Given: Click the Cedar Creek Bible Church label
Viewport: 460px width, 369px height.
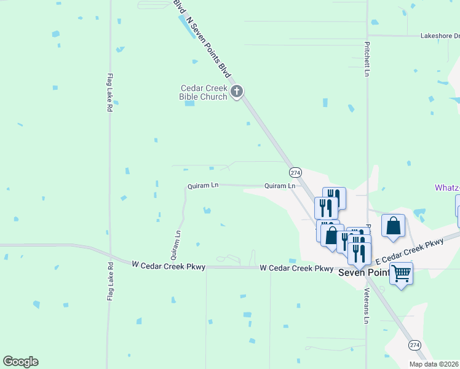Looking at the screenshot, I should pyautogui.click(x=203, y=92).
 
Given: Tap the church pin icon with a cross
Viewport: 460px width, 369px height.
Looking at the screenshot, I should pyautogui.click(x=237, y=93).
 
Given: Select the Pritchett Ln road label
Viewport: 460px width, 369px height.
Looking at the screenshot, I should pyautogui.click(x=367, y=60).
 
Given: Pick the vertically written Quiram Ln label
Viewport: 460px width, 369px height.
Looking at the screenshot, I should pyautogui.click(x=178, y=242).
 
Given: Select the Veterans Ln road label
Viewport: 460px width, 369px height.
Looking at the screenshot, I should pyautogui.click(x=367, y=306).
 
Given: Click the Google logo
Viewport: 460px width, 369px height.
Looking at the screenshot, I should pyautogui.click(x=20, y=362).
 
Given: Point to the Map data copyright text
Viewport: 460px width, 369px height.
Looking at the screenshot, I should pyautogui.click(x=434, y=364).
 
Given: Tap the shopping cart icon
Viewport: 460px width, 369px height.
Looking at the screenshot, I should pyautogui.click(x=401, y=272).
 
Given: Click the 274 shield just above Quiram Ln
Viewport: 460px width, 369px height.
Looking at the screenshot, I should pyautogui.click(x=295, y=172).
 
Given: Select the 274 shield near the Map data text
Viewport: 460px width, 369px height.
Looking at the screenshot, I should pyautogui.click(x=414, y=345).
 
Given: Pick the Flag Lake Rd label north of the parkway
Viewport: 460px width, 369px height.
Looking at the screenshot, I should pyautogui.click(x=109, y=92).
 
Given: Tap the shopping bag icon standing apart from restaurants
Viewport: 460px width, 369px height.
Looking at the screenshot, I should pyautogui.click(x=394, y=225).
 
